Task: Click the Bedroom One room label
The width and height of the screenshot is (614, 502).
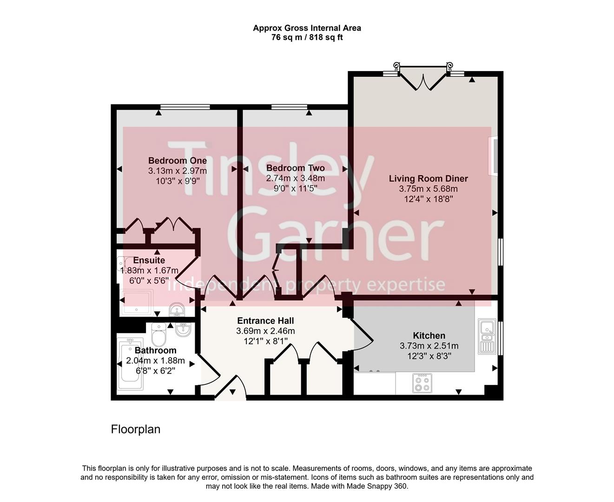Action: point(177,161)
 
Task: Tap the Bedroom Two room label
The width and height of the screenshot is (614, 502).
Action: point(295,168)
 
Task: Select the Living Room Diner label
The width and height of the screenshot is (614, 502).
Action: point(428,178)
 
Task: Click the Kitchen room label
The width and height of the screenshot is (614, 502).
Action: point(429,336)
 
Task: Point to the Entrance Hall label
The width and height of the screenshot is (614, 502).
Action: point(265,321)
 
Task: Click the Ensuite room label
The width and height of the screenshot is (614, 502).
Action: point(149,260)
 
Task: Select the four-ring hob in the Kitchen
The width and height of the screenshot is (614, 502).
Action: point(422,383)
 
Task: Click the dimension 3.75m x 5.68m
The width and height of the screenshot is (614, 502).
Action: point(428,189)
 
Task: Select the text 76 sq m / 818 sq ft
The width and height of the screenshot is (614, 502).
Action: point(307,38)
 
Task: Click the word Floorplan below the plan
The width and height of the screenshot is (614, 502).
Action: point(135,429)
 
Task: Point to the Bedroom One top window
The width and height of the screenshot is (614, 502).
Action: point(185,107)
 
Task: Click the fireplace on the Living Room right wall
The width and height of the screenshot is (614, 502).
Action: point(493,156)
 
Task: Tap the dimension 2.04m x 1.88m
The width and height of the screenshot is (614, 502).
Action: point(155,361)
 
